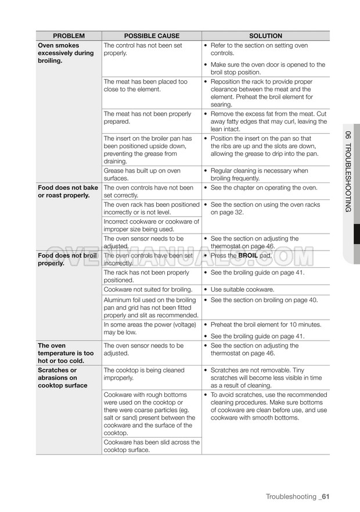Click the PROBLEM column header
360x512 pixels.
[69, 36]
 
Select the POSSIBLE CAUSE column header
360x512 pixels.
[152, 36]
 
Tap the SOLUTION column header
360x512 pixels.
[265, 36]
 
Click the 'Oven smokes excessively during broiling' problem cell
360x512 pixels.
[66, 53]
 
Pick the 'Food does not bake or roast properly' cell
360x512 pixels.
[68, 192]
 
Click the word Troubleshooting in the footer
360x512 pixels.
[291, 496]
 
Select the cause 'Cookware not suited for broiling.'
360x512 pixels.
[148, 289]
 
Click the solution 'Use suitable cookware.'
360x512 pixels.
[243, 289]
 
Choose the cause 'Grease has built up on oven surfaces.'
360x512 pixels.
[142, 175]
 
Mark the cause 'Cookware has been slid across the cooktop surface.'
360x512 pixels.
[151, 446]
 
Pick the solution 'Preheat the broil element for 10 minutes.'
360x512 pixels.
[266, 325]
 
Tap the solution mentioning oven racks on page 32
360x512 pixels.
[265, 209]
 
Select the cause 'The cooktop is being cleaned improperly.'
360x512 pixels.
[144, 374]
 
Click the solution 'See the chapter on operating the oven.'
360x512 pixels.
[264, 188]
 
